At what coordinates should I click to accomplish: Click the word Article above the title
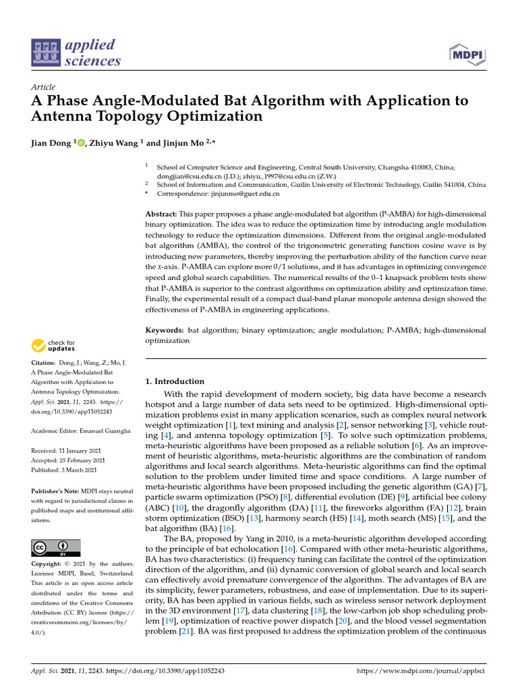(x=43, y=87)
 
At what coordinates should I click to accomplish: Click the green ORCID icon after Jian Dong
(x=82, y=142)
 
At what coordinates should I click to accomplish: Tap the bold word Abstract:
(x=164, y=214)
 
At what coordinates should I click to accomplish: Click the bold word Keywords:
(x=165, y=330)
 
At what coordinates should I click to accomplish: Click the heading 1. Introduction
(x=175, y=381)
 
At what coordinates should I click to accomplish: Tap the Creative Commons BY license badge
(x=56, y=547)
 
